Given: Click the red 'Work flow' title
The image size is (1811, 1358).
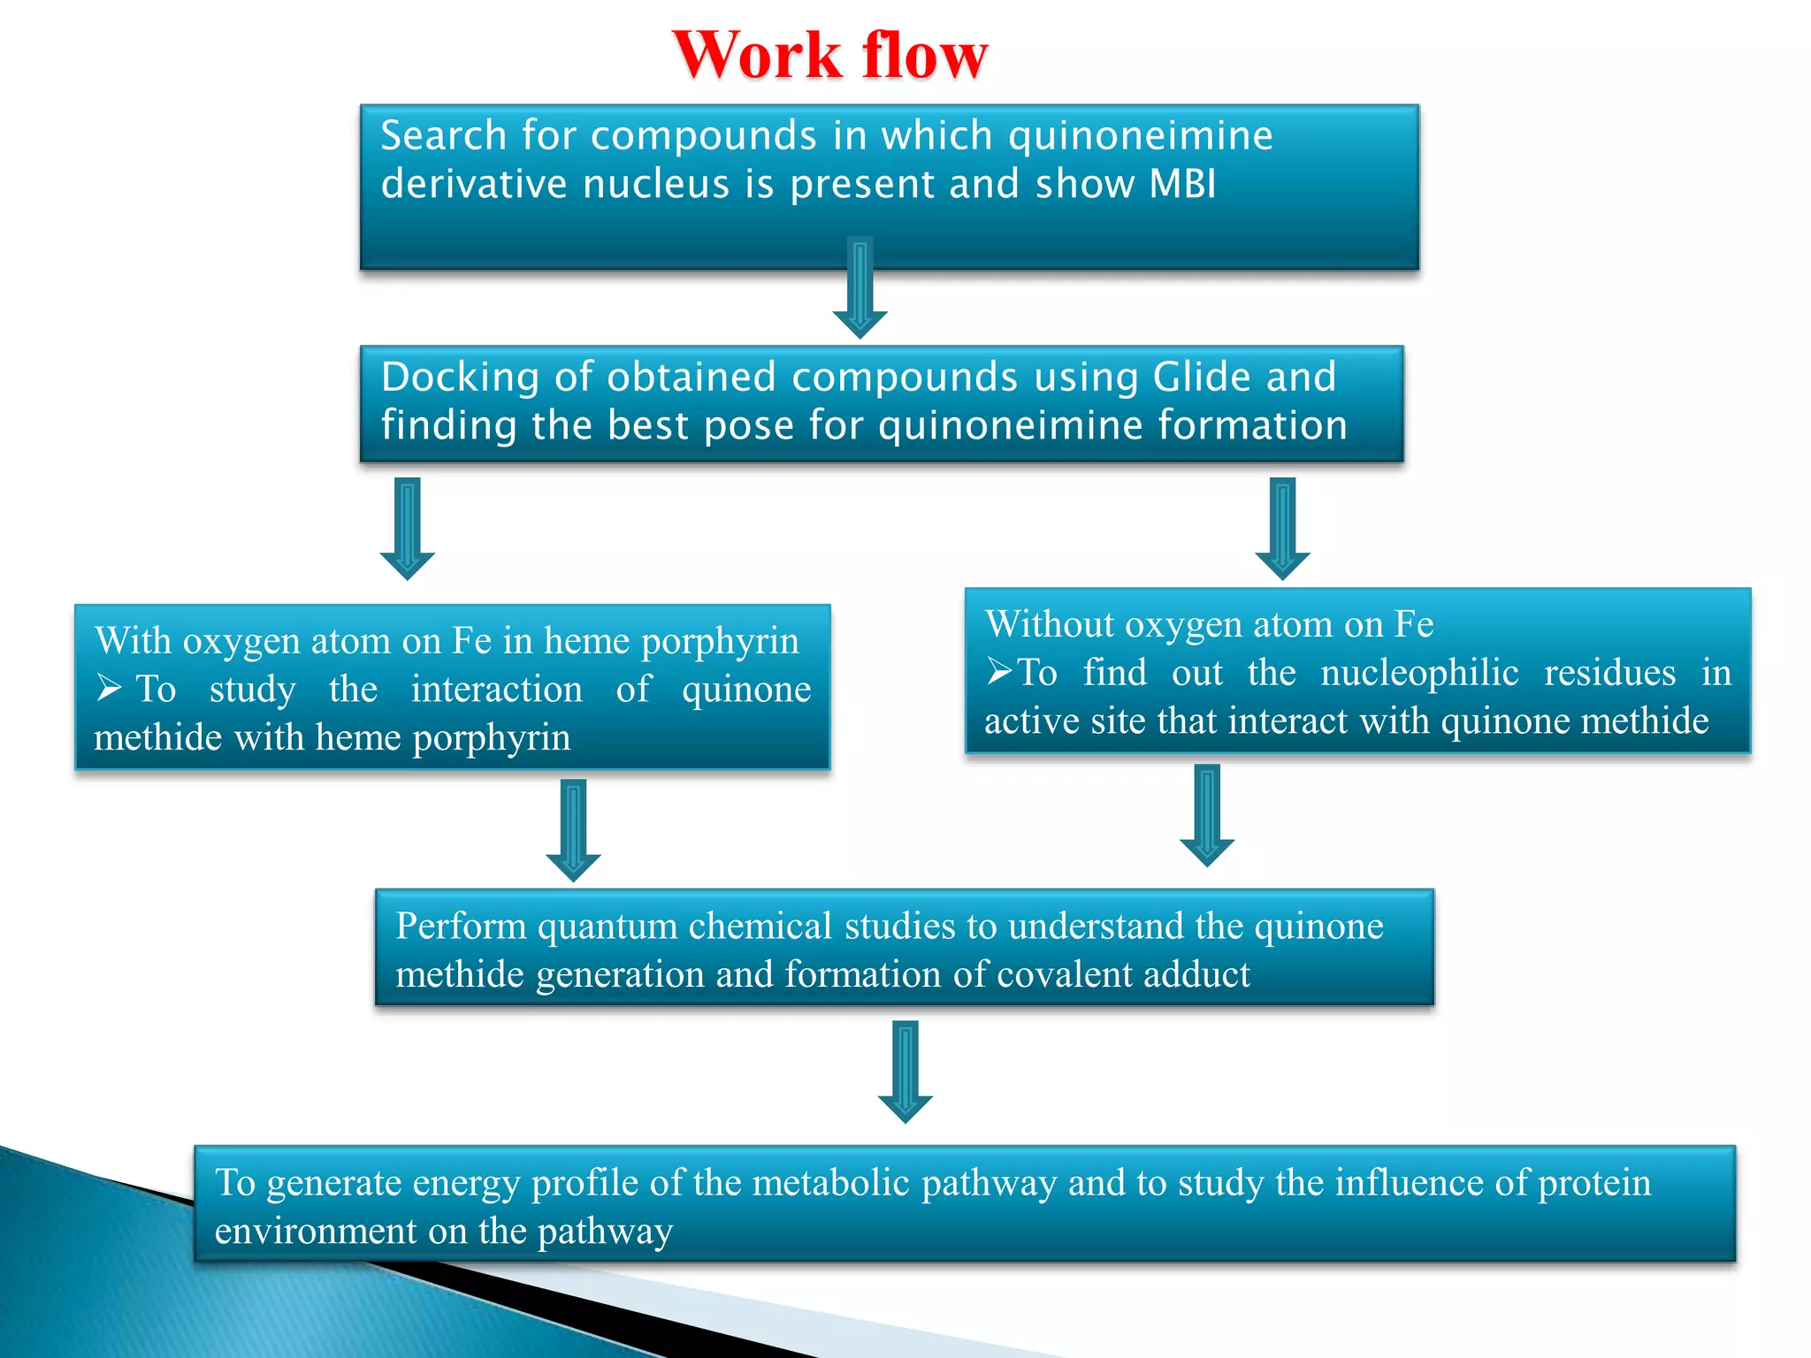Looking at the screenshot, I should point(829,56).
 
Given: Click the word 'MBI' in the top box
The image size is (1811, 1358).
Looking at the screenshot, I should point(1182,184).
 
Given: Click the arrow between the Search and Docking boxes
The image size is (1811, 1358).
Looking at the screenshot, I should point(860,287).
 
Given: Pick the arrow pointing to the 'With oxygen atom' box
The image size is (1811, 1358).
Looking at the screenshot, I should point(407,528).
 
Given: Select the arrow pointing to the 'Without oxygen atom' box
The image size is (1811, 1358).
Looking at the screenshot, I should point(1282,528).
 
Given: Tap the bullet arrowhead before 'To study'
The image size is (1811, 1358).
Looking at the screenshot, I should point(109,688).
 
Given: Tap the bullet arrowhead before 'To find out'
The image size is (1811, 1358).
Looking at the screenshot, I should point(999,672).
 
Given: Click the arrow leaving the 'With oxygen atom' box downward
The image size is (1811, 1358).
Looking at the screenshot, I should point(573,829).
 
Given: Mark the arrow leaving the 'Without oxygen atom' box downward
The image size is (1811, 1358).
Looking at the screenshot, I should point(1206,814).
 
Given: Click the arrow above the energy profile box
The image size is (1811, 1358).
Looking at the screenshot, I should point(905,1071).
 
